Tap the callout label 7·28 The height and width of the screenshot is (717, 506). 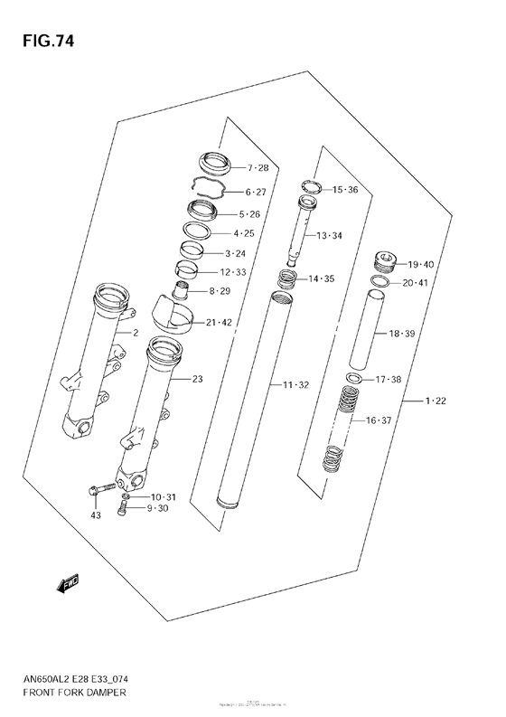click(x=258, y=168)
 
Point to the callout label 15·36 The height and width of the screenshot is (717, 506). click(x=345, y=190)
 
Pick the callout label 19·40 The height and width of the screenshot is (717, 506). click(x=421, y=265)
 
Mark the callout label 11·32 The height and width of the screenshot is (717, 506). click(x=295, y=385)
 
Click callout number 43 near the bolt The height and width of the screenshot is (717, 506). click(x=95, y=515)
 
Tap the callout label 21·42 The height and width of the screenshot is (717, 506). click(x=219, y=323)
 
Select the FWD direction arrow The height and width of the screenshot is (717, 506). click(x=68, y=586)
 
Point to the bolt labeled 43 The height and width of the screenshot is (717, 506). click(x=102, y=490)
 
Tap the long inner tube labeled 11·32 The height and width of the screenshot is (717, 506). click(x=256, y=398)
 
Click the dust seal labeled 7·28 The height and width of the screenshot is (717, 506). click(x=215, y=165)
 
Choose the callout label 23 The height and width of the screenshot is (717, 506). click(x=198, y=379)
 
